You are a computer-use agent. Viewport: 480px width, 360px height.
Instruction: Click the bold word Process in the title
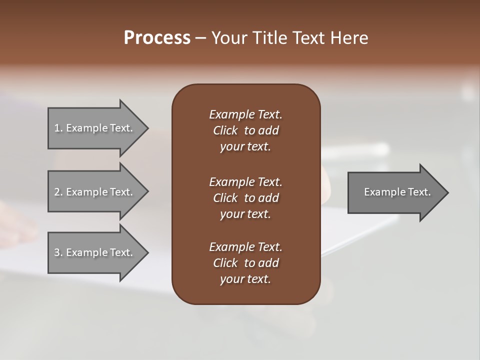coord(157,38)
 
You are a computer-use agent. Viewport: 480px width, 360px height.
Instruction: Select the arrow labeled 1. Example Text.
coord(93,128)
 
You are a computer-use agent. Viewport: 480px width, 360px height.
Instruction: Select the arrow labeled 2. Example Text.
coord(93,192)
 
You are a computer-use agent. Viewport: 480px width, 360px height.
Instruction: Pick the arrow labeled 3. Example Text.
coord(93,252)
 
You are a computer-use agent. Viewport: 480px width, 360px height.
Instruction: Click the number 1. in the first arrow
coord(58,128)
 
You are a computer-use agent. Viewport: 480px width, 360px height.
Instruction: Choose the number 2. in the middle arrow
coord(58,192)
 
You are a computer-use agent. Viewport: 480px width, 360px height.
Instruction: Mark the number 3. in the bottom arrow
coord(58,252)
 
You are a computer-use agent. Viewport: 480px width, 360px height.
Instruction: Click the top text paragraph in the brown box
coord(245,130)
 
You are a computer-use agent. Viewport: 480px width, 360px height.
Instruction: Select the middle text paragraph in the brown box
coord(245,198)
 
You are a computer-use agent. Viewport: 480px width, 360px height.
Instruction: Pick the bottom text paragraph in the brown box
coord(245,263)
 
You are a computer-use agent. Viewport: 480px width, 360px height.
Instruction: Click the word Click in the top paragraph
coord(225,130)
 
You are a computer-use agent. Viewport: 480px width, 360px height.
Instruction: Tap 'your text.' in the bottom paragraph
coord(245,279)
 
